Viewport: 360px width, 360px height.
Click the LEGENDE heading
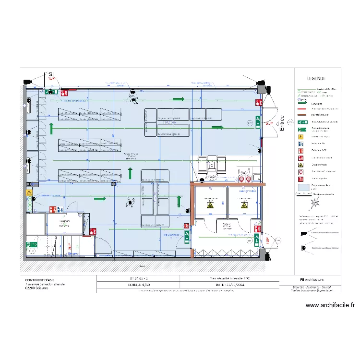[316, 78]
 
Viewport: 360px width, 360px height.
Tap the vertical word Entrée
[282, 123]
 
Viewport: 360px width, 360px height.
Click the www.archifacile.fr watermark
[329, 305]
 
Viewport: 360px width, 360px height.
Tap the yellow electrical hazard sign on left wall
[29, 193]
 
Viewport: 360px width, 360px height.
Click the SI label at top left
[50, 73]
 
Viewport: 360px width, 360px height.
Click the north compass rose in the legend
[315, 203]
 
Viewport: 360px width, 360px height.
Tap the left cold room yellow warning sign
[210, 205]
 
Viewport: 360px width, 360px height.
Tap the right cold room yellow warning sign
[244, 205]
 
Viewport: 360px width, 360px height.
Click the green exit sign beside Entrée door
[258, 123]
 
